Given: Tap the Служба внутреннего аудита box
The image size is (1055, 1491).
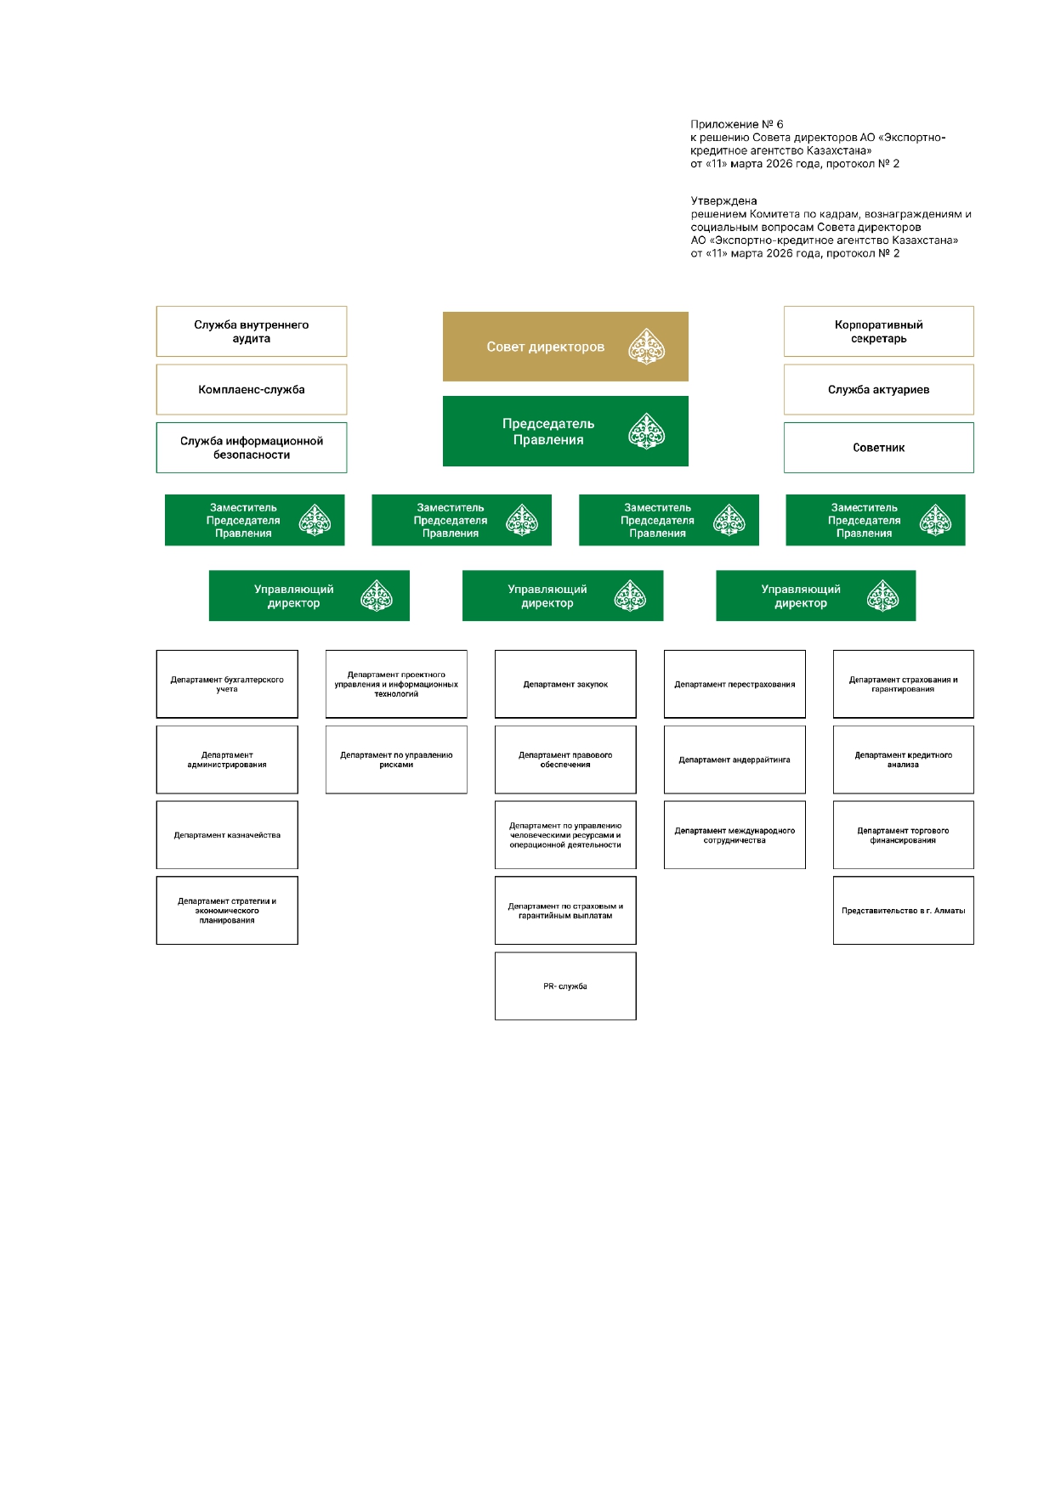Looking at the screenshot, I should [252, 331].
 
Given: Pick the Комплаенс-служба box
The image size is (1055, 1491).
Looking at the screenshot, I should [252, 390].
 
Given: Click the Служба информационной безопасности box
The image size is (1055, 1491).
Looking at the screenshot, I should [252, 448].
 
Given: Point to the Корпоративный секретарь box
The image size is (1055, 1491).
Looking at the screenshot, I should [878, 331].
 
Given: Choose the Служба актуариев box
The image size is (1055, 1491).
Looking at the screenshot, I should [878, 390].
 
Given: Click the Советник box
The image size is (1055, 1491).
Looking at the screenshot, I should [878, 448].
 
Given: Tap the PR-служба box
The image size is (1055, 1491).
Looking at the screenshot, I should [565, 986].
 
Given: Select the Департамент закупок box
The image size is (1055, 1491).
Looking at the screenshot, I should [565, 684].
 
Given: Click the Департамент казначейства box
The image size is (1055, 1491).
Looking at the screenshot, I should [227, 835].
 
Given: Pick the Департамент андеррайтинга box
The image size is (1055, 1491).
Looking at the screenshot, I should [735, 760].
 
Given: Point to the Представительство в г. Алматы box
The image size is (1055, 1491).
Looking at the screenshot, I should [903, 911].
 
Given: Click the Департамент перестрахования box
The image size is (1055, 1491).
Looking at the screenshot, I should [735, 684].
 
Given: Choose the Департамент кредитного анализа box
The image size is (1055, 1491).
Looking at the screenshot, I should [903, 760].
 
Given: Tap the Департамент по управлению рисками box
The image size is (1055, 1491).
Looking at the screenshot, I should [396, 760].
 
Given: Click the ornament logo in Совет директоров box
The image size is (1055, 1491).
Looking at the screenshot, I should [646, 347].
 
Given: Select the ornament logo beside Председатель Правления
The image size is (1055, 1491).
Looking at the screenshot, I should [646, 432].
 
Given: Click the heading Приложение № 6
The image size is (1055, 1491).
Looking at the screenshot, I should [737, 124].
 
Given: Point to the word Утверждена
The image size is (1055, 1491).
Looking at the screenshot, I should [723, 201].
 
